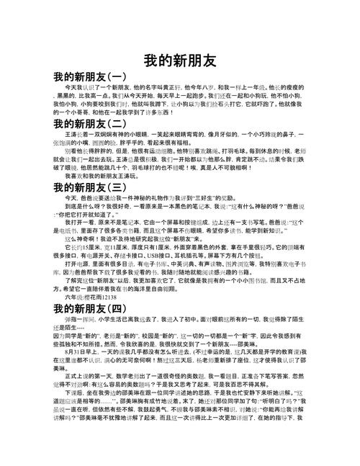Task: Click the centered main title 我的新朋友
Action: point(180,59)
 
